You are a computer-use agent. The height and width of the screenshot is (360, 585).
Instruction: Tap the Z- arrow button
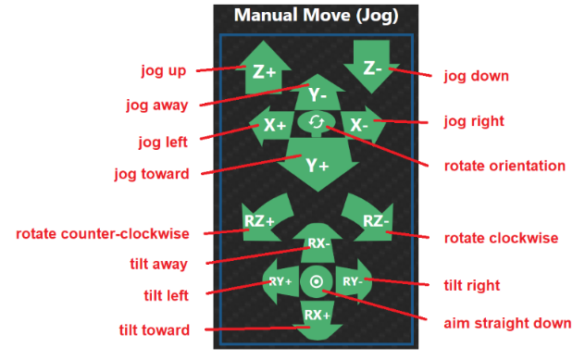pos(371,68)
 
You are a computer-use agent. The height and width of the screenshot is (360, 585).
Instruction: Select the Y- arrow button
pos(317,93)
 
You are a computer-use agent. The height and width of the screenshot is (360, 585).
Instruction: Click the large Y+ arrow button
pos(317,164)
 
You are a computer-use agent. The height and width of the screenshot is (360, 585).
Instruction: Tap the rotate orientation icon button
pos(317,122)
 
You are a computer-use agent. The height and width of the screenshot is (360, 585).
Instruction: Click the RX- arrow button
pos(317,243)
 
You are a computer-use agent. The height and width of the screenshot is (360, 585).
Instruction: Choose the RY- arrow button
pos(354,281)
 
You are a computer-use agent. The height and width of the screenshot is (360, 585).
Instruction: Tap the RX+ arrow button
pos(317,320)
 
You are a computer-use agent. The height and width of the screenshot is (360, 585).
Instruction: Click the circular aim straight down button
pos(317,281)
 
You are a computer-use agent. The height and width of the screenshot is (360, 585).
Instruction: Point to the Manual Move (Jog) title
pos(316,16)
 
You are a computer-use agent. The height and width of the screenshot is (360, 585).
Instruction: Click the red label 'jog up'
pos(164,71)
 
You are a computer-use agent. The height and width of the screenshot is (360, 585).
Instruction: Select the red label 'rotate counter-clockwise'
pos(103,234)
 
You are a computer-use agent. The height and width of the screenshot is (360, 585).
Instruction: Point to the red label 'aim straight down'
pos(507,323)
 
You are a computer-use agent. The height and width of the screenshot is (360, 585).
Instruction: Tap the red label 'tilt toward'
pos(155,330)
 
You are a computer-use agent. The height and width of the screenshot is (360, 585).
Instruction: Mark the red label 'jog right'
pos(474,121)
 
